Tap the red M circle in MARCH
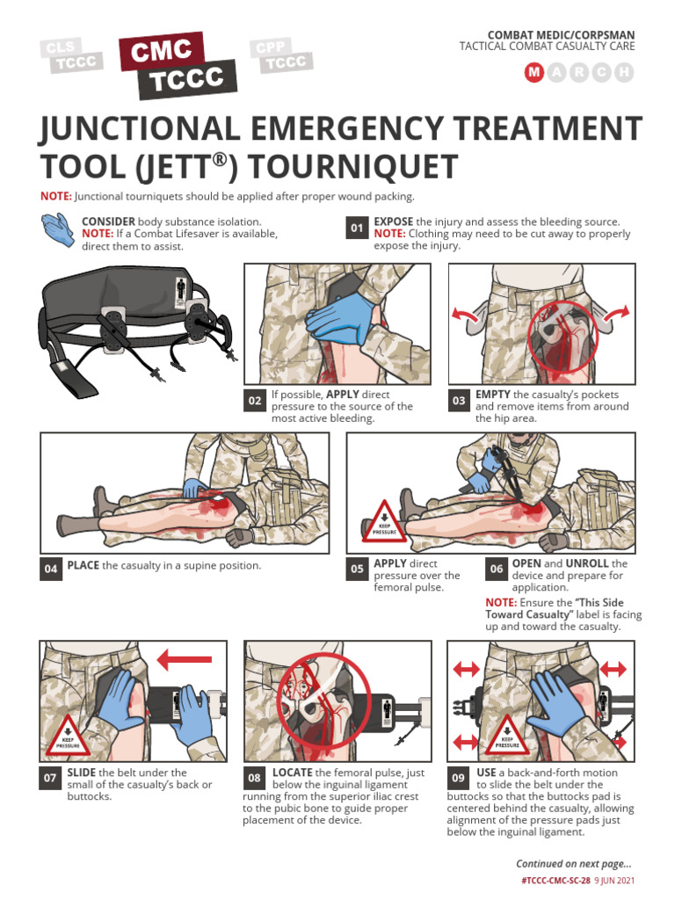click(x=533, y=73)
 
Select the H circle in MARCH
click(x=624, y=73)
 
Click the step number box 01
click(x=357, y=229)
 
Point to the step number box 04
click(x=51, y=569)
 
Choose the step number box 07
click(x=51, y=778)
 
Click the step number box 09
click(x=458, y=778)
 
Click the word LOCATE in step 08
click(x=293, y=773)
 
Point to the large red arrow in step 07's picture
click(x=184, y=658)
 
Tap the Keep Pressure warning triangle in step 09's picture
click(x=506, y=734)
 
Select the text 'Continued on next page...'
click(x=573, y=864)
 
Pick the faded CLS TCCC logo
click(x=70, y=55)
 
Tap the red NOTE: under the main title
click(x=56, y=196)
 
